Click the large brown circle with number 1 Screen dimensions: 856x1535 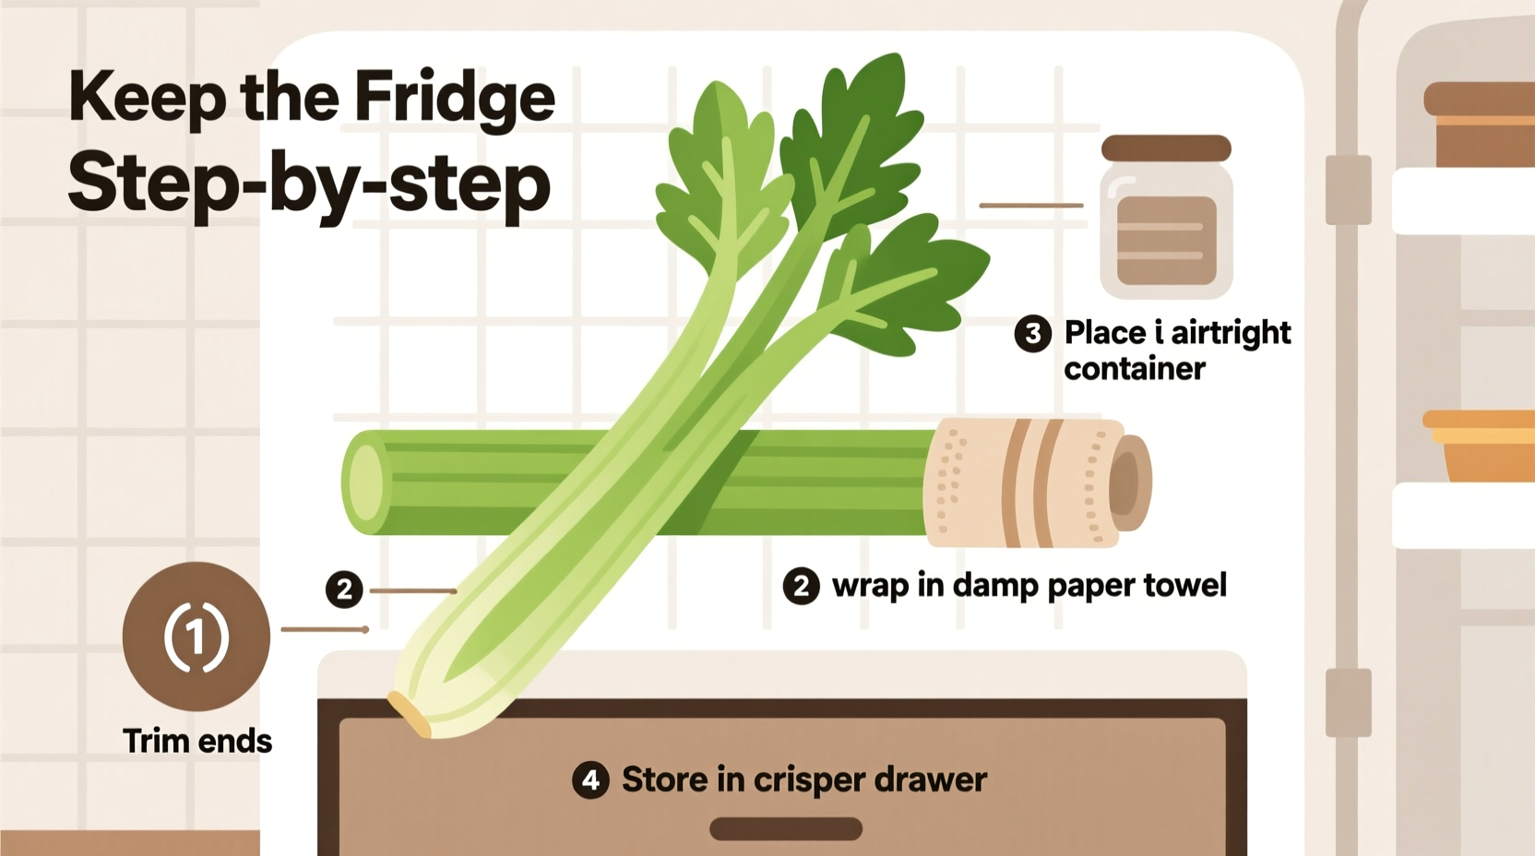196,636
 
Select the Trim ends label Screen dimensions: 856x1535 196,742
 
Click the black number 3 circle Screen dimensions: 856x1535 1032,333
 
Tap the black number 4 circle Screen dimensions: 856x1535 590,780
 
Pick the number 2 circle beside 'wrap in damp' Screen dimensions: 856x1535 801,586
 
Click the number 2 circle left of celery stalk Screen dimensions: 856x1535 344,588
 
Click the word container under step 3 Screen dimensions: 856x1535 1134,369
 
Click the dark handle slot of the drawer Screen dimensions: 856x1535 785,828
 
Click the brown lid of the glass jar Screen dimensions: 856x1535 1166,149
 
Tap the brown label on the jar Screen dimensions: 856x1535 1166,240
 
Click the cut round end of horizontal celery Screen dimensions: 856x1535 365,482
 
